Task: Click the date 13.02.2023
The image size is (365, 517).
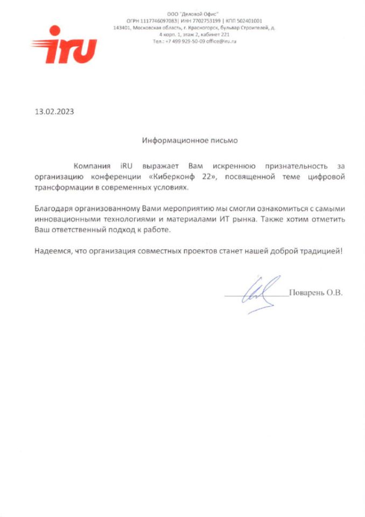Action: pyautogui.click(x=54, y=113)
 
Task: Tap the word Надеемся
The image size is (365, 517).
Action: pyautogui.click(x=53, y=251)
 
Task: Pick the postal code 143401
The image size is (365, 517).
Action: pyautogui.click(x=123, y=27)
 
